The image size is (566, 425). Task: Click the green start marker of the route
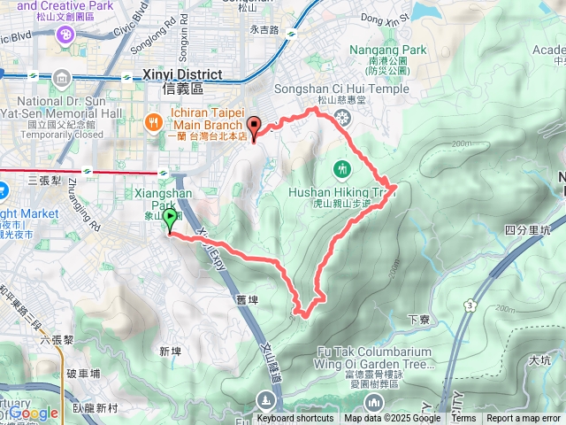pyautogui.click(x=169, y=218)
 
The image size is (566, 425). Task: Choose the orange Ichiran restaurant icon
pyautogui.click(x=153, y=120)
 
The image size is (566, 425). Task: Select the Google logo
pyautogui.click(x=34, y=413)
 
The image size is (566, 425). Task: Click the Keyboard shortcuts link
pyautogui.click(x=295, y=419)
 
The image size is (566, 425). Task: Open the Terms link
pyautogui.click(x=463, y=419)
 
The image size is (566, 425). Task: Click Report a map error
pyautogui.click(x=524, y=419)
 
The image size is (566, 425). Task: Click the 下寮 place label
pyautogui.click(x=418, y=318)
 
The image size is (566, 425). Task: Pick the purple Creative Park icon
pyautogui.click(x=65, y=34)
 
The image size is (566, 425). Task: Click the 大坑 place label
pyautogui.click(x=539, y=360)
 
